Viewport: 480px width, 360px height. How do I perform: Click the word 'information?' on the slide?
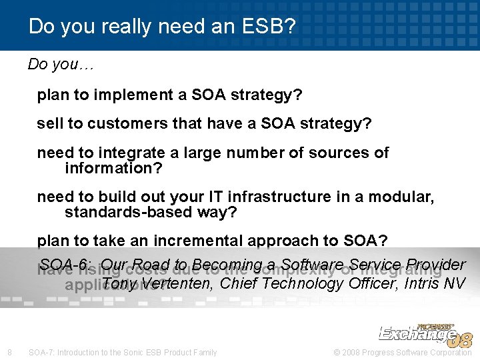click(x=113, y=168)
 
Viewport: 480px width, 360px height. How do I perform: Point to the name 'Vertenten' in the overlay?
click(x=173, y=283)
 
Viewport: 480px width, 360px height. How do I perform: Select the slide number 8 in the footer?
click(x=9, y=352)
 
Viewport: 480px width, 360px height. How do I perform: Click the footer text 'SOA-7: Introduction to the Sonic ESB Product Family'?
click(x=123, y=352)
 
